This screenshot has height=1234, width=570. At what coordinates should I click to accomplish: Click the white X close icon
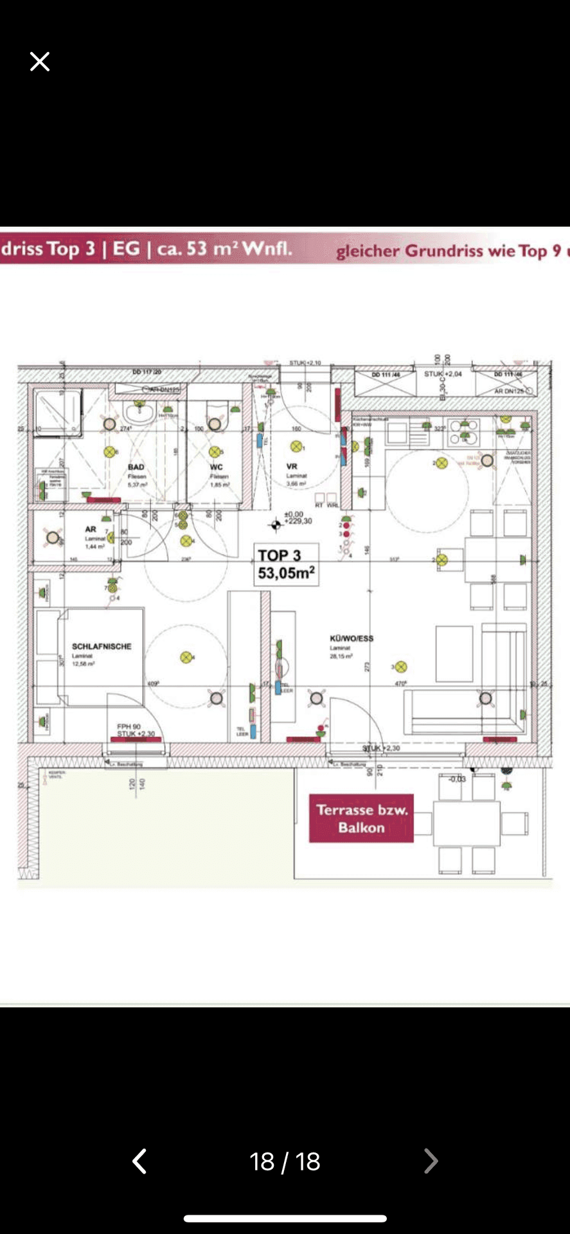click(40, 62)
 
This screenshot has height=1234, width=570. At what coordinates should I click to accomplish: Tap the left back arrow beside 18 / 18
click(139, 1161)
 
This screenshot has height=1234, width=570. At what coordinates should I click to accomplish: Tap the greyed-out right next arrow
click(431, 1161)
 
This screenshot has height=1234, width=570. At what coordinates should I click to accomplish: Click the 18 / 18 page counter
click(285, 1161)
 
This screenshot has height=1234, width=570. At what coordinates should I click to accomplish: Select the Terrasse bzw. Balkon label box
click(361, 818)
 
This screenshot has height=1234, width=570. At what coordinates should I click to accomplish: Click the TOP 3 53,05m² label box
click(286, 564)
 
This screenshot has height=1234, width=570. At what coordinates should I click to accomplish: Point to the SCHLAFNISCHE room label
click(102, 647)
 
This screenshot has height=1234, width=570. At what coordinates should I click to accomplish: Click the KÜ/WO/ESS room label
click(352, 638)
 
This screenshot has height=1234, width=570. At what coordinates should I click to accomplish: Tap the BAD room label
click(136, 467)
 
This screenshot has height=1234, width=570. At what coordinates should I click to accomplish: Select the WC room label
click(217, 467)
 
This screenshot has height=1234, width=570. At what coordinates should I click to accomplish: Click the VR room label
click(292, 467)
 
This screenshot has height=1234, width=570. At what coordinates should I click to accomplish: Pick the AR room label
click(91, 529)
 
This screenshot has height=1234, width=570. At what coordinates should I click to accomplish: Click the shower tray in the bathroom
click(58, 412)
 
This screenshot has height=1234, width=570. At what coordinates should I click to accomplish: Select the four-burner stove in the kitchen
click(464, 432)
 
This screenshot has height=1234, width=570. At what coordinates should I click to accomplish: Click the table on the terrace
click(467, 823)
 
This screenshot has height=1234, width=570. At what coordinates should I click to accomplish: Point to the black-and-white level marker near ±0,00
click(276, 525)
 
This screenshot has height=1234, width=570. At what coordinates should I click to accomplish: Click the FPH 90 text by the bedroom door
click(129, 726)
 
